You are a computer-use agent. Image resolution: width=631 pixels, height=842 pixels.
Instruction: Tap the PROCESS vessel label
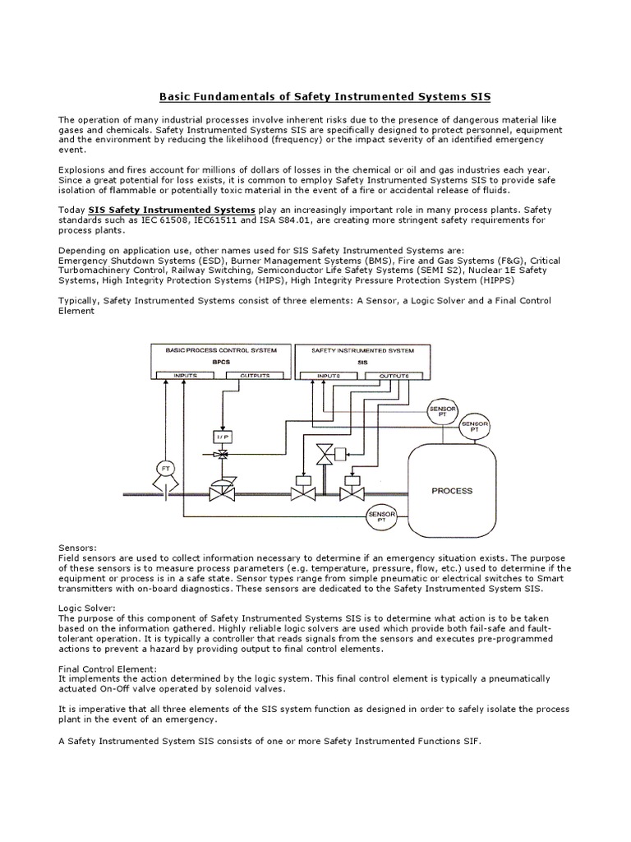[452, 491]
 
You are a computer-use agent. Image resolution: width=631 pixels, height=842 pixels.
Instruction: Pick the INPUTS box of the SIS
[328, 377]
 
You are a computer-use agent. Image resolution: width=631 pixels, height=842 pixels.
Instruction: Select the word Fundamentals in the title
[235, 97]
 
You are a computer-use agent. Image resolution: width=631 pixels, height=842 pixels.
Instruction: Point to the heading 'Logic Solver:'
[86, 609]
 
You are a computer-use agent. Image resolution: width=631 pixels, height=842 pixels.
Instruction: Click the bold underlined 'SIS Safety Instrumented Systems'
[172, 210]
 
